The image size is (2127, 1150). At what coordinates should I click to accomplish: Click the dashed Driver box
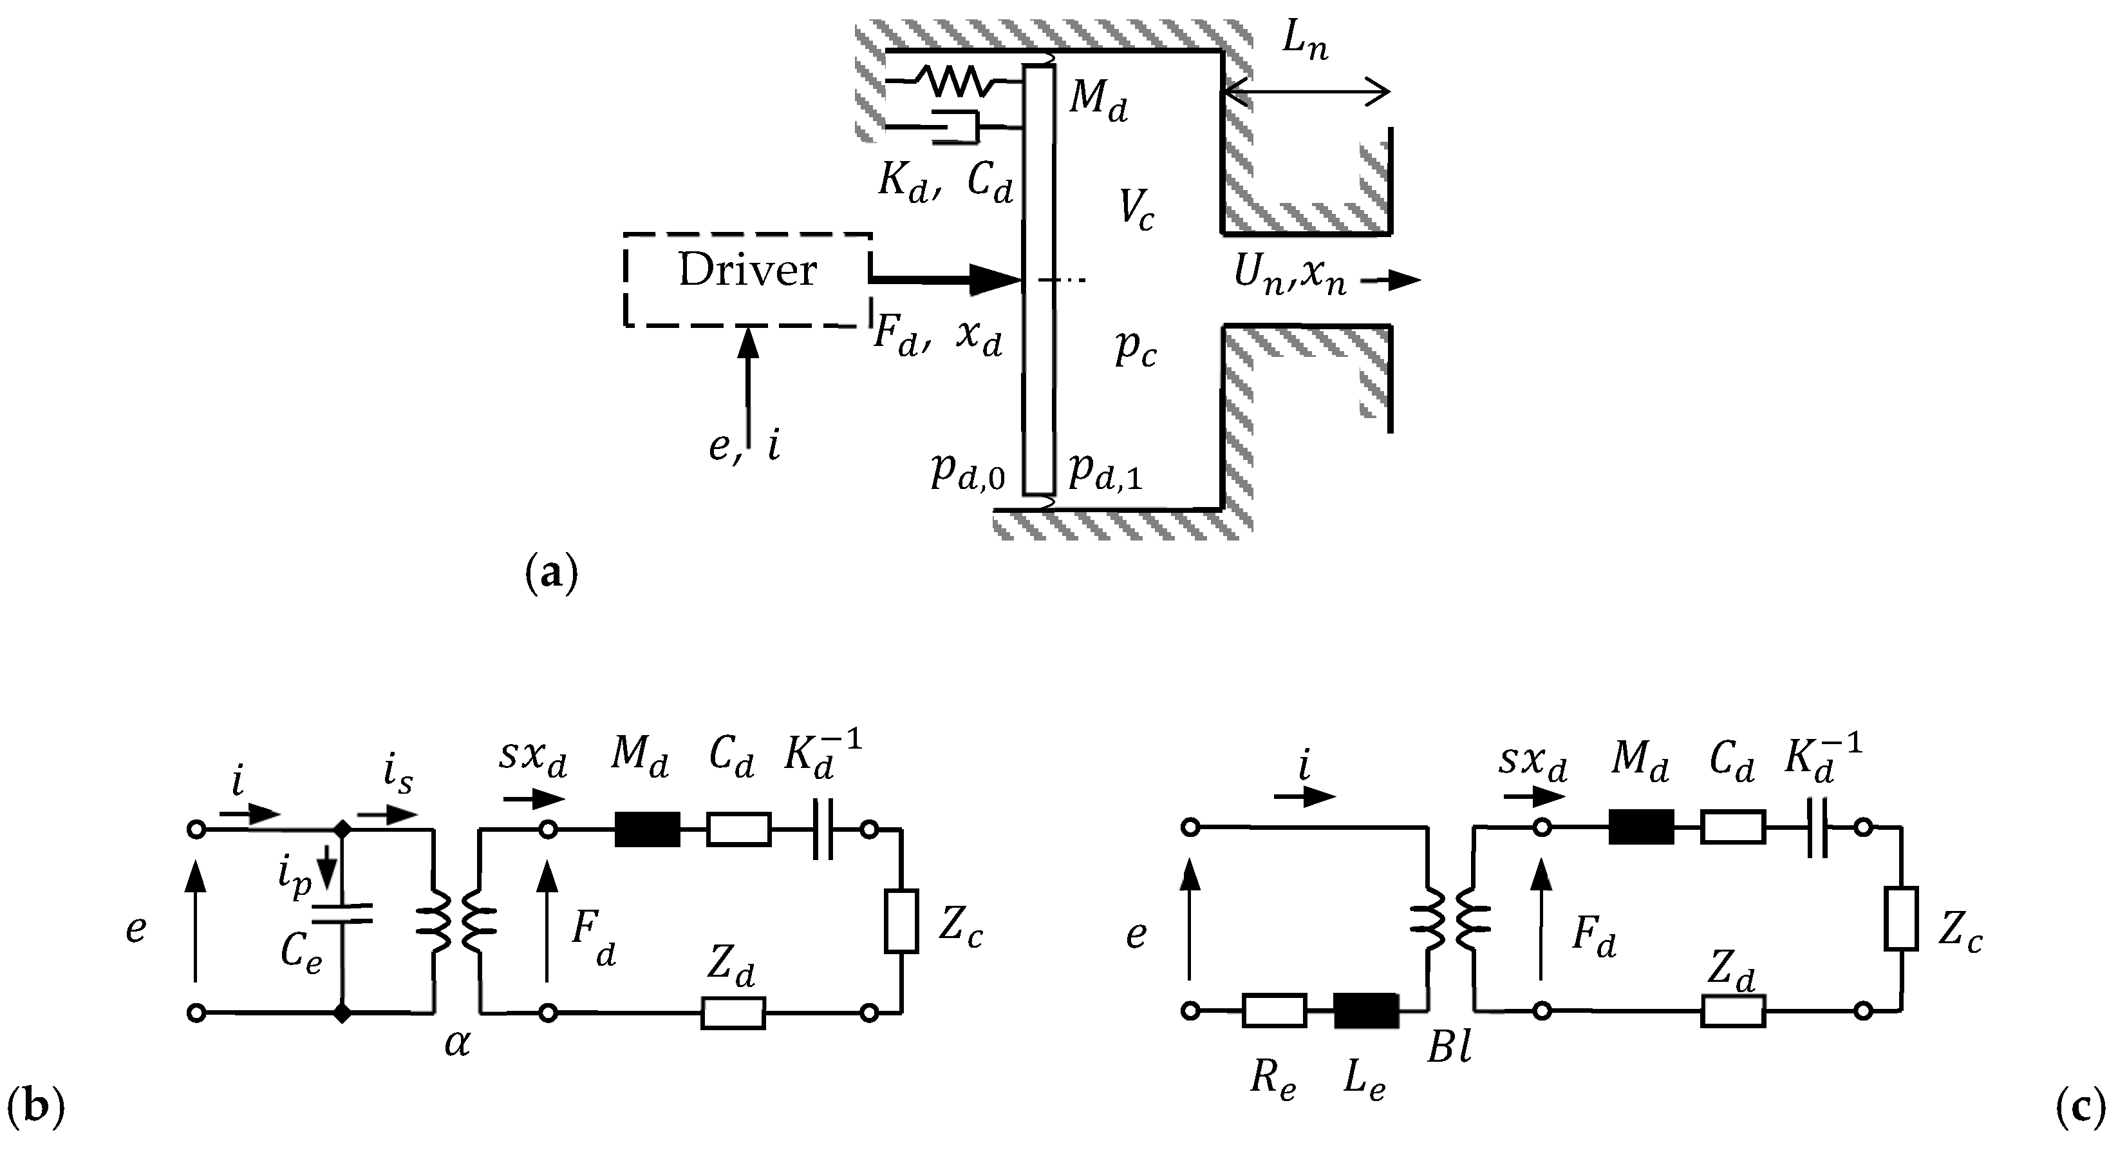[x=747, y=279]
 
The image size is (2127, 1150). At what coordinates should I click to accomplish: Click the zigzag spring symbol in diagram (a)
[x=953, y=81]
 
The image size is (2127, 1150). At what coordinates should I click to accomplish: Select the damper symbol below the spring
[x=958, y=127]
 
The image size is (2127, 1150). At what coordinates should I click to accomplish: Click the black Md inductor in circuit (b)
[x=648, y=829]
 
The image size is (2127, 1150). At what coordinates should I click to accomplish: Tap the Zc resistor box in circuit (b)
[x=902, y=921]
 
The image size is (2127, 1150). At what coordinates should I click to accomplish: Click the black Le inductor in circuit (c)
[x=1367, y=1010]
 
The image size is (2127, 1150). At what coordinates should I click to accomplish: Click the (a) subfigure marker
[x=552, y=573]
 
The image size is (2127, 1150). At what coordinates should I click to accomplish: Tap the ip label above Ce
[x=295, y=880]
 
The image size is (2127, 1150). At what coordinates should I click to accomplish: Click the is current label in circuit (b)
[x=398, y=776]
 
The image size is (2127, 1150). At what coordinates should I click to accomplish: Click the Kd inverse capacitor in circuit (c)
[x=1817, y=828]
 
